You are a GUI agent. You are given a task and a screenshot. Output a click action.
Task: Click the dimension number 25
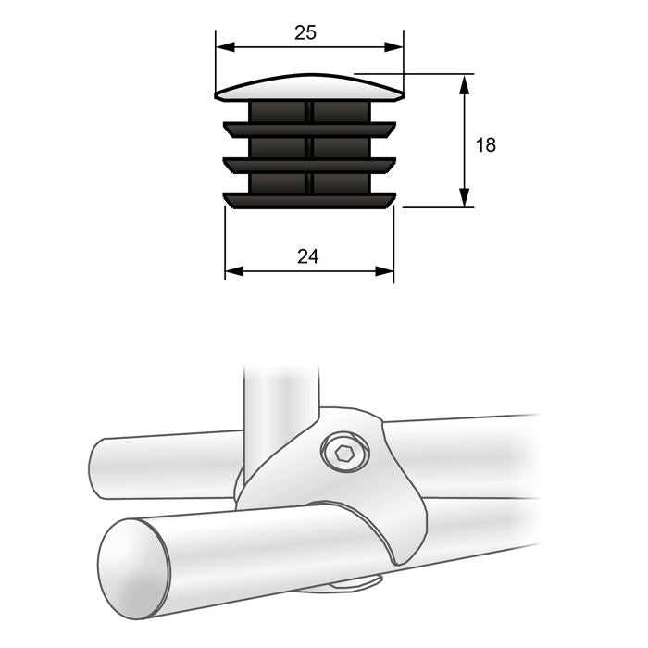point(305,32)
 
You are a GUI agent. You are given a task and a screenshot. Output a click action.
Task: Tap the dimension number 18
point(485,144)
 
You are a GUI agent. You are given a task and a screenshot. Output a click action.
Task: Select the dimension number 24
point(308,256)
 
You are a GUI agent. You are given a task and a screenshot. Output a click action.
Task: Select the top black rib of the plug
point(309,129)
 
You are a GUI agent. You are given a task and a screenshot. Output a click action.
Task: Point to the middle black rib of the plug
point(309,165)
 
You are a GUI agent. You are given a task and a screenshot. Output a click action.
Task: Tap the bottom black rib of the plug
point(309,199)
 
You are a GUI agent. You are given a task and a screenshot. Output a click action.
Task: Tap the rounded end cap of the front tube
point(134,567)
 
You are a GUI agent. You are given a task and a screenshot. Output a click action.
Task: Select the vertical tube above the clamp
point(280,398)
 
